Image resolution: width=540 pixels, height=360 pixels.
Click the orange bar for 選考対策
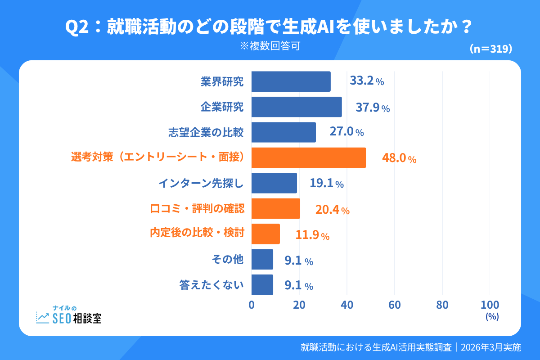pyautogui.click(x=308, y=157)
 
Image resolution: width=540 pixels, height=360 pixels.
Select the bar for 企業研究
pyautogui.click(x=296, y=107)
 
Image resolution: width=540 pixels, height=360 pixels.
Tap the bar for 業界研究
pyautogui.click(x=291, y=81)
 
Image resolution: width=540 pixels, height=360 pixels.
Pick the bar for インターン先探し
pyautogui.click(x=274, y=183)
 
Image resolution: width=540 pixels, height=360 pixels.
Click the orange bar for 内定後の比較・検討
pyautogui.click(x=265, y=234)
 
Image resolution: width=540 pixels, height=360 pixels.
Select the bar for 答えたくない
pyautogui.click(x=262, y=285)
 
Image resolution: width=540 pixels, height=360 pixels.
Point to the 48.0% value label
pyautogui.click(x=399, y=158)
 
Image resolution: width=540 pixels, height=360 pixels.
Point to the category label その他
pyautogui.click(x=227, y=260)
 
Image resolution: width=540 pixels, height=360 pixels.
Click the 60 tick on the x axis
pyautogui.click(x=395, y=305)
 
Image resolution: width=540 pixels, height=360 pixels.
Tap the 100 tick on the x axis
pyautogui.click(x=490, y=305)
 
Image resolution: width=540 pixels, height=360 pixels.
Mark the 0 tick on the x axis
pyautogui.click(x=252, y=305)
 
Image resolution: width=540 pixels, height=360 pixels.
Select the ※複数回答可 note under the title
pyautogui.click(x=270, y=46)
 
